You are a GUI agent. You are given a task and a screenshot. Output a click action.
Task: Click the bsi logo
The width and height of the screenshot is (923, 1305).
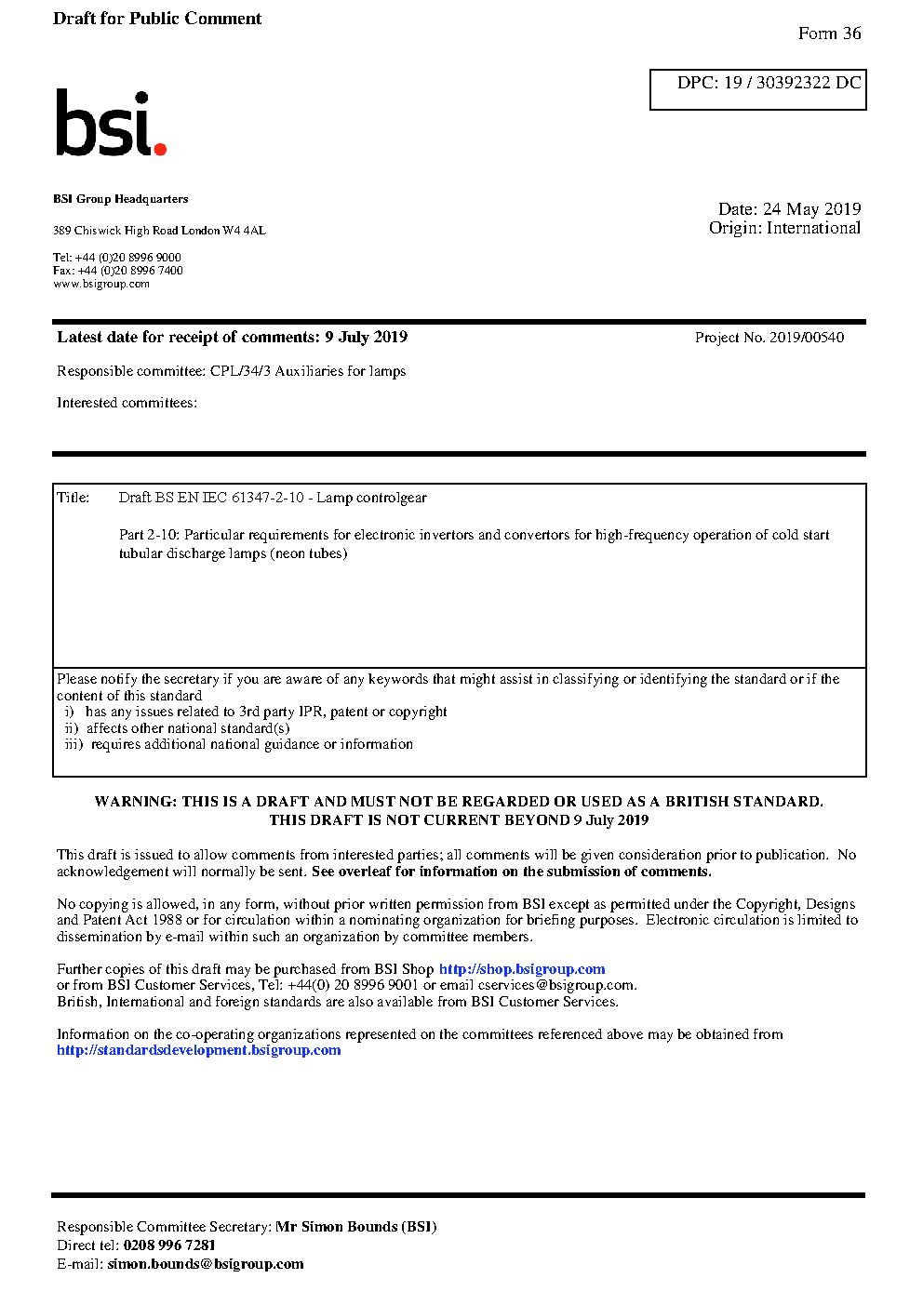[x=110, y=123]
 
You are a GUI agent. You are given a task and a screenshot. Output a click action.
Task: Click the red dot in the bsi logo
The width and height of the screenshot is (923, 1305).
[x=160, y=148]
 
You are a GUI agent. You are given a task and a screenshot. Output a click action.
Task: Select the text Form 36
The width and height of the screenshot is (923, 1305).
[x=829, y=33]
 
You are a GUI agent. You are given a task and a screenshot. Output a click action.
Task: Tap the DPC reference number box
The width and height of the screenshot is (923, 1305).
[x=757, y=88]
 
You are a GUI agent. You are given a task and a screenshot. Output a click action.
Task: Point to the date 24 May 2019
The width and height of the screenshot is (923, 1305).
[x=811, y=209]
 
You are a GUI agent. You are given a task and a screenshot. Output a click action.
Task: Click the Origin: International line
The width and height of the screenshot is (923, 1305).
[x=784, y=228]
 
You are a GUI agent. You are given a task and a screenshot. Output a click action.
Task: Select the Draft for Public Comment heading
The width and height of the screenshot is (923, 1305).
[x=157, y=19]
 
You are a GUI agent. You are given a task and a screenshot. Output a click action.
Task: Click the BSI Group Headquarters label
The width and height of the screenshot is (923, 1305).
[x=120, y=199]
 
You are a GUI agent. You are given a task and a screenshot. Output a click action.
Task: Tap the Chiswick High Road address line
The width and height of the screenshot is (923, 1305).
[x=159, y=231]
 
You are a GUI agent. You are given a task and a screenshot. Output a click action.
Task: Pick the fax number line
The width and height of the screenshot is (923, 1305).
[x=117, y=271]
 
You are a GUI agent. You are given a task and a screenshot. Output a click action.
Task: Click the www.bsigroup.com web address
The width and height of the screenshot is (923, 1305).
[x=100, y=284]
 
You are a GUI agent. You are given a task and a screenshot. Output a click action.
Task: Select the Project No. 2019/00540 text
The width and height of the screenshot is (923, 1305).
[x=769, y=338]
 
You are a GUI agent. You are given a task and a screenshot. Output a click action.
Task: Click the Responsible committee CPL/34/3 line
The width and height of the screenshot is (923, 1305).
[x=231, y=371]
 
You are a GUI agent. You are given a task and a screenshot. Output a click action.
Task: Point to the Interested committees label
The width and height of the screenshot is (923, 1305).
[x=127, y=403]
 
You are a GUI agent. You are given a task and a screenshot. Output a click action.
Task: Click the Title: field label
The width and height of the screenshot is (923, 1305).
[x=73, y=498]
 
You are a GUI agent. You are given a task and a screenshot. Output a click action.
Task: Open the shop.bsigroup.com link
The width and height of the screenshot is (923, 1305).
[x=521, y=969]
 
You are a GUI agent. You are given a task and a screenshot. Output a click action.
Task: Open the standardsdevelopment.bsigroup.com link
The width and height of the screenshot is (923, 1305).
[x=198, y=1050]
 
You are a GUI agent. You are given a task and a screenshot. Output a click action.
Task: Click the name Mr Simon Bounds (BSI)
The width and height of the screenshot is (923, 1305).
[x=355, y=1227]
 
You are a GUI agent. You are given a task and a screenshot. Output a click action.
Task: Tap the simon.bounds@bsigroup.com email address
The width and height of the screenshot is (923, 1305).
[x=205, y=1264]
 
